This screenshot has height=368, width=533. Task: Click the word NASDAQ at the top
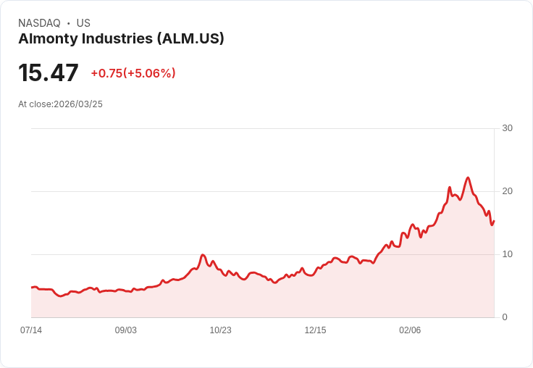pyautogui.click(x=39, y=23)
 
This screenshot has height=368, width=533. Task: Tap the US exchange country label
pyautogui.click(x=83, y=23)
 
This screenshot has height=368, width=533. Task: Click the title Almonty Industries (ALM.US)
pyautogui.click(x=121, y=38)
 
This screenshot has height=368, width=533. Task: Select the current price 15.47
pyautogui.click(x=49, y=73)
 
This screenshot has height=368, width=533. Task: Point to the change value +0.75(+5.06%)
pyautogui.click(x=133, y=73)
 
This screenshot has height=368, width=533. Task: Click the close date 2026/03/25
pyautogui.click(x=78, y=104)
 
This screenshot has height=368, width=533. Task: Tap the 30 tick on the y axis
pyautogui.click(x=507, y=128)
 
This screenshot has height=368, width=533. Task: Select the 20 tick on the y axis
pyautogui.click(x=507, y=191)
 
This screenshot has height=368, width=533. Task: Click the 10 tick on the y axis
pyautogui.click(x=507, y=254)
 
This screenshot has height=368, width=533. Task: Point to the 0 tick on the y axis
pyautogui.click(x=505, y=317)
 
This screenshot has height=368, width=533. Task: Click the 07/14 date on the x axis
pyautogui.click(x=31, y=330)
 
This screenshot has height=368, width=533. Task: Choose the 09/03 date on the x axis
pyautogui.click(x=126, y=330)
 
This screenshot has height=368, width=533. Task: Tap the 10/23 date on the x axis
pyautogui.click(x=220, y=330)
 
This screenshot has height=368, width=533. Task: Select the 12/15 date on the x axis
pyautogui.click(x=315, y=330)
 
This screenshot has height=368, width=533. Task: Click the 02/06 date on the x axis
pyautogui.click(x=410, y=330)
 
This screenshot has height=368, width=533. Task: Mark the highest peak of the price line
pyautogui.click(x=468, y=177)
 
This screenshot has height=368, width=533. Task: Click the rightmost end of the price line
pyautogui.click(x=494, y=221)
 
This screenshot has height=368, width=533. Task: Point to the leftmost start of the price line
pyautogui.click(x=32, y=288)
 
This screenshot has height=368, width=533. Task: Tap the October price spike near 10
pyautogui.click(x=203, y=255)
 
